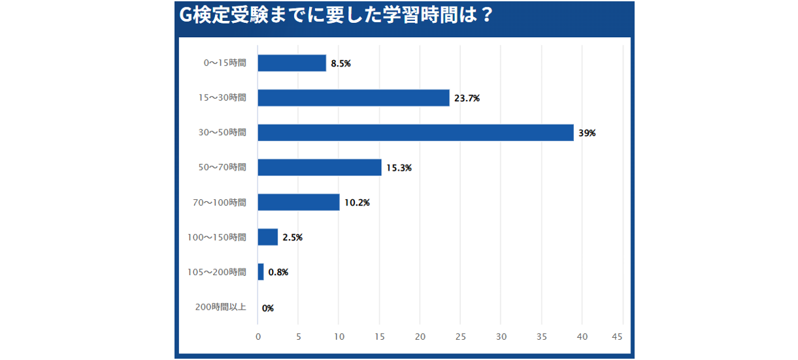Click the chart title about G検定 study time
(335, 16)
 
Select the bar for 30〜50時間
(416, 133)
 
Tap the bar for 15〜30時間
(354, 98)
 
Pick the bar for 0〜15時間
(292, 63)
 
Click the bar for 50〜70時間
(320, 167)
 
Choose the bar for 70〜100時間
(299, 203)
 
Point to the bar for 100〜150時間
(268, 237)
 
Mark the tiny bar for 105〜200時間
(261, 272)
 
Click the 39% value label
(587, 133)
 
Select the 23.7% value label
(467, 99)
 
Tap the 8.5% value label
(341, 64)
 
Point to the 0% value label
(267, 308)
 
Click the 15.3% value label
(399, 168)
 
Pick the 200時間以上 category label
(220, 306)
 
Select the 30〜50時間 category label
(222, 133)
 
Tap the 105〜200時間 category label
(216, 272)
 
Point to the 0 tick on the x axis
(258, 337)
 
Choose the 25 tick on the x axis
(460, 337)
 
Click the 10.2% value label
(357, 203)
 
